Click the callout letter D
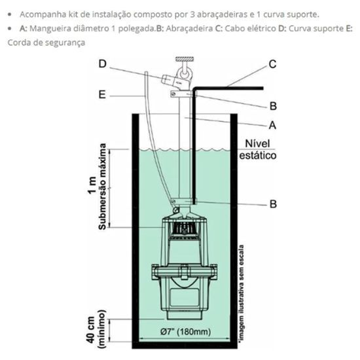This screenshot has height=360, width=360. [x=102, y=63]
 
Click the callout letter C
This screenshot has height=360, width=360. [x=272, y=64]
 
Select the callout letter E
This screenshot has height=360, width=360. [x=102, y=95]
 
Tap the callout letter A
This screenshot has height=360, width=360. [x=272, y=126]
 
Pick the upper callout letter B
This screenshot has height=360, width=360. [x=273, y=106]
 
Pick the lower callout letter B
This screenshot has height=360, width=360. [x=273, y=204]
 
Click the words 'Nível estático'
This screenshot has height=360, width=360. [x=258, y=149]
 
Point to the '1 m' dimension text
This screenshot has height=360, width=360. [x=92, y=185]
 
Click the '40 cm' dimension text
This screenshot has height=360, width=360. [x=91, y=330]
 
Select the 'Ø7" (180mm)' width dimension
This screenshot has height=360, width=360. [x=185, y=332]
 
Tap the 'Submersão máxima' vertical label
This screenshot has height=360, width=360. [x=102, y=187]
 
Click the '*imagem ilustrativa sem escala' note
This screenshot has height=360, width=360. [x=242, y=294]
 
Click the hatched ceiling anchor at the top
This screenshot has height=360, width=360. [x=185, y=59]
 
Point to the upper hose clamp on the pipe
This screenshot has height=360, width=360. [x=183, y=94]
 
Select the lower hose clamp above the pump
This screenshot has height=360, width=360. [x=183, y=202]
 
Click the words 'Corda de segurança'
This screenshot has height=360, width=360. [x=46, y=43]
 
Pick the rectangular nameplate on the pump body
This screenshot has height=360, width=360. [x=185, y=298]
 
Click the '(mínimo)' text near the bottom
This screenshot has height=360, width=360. [x=102, y=329]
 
